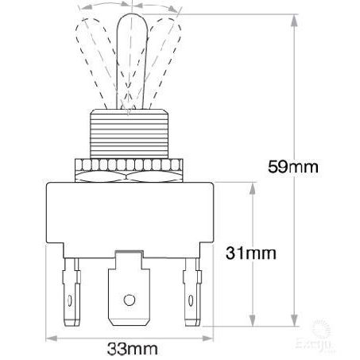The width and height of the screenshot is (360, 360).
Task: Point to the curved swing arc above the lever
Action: point(128,6)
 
